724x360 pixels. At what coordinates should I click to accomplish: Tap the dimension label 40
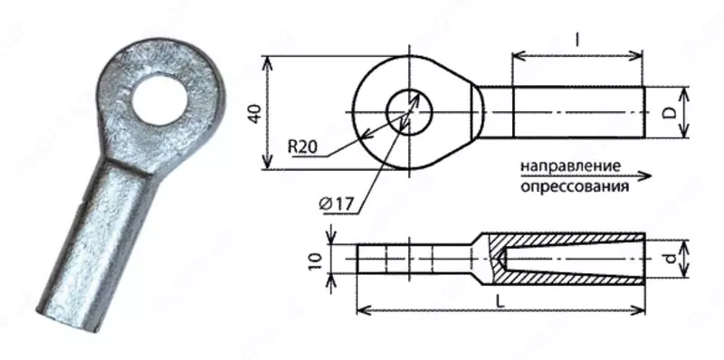(254, 113)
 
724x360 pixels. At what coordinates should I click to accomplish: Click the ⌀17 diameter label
(337, 204)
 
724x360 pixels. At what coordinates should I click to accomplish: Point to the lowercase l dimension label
(577, 38)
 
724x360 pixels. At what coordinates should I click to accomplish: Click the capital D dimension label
(667, 112)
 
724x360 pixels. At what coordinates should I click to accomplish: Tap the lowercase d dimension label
(668, 260)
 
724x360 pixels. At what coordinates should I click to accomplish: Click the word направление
(569, 167)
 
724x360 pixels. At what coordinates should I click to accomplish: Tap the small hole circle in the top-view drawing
(409, 111)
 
